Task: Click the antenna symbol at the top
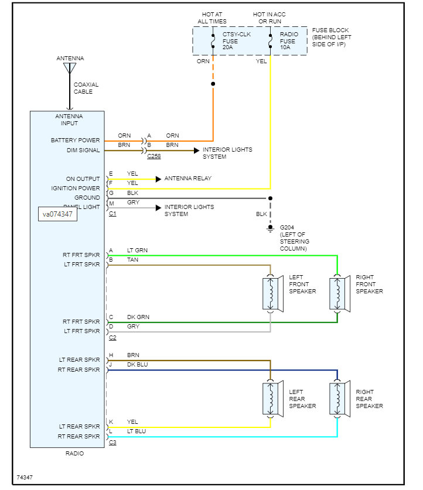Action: [x=70, y=68]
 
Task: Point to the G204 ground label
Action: [x=294, y=238]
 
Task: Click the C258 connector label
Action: [x=154, y=156]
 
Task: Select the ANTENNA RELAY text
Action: [x=187, y=179]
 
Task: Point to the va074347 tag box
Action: [x=57, y=214]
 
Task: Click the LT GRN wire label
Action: [x=137, y=250]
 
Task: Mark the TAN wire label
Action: [x=132, y=259]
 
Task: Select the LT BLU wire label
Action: [x=137, y=431]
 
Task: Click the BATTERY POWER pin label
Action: [x=76, y=141]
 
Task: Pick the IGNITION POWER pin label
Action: [x=76, y=189]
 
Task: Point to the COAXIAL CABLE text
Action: [x=86, y=88]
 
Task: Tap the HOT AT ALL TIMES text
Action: [x=212, y=17]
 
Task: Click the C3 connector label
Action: [x=112, y=443]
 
